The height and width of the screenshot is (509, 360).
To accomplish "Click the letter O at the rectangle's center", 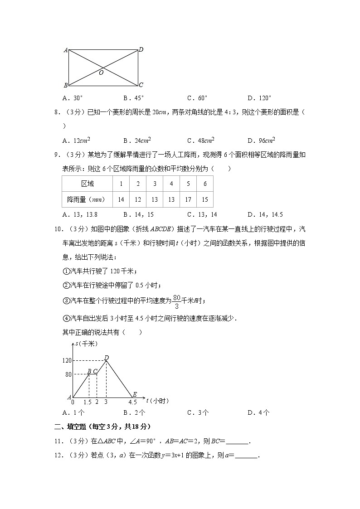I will click(x=101, y=73).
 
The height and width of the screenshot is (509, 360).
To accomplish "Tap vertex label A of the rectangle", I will click(x=66, y=50).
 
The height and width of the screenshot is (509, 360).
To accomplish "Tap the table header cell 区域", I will click(x=87, y=184).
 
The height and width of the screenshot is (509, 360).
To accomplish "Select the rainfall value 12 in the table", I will click(x=138, y=199).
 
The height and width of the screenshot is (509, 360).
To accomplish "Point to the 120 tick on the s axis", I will click(x=67, y=361).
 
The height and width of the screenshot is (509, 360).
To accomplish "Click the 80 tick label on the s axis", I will click(x=68, y=374).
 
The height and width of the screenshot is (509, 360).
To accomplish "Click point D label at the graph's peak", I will click(x=107, y=358).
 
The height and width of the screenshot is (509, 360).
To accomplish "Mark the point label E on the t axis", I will click(x=134, y=395).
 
